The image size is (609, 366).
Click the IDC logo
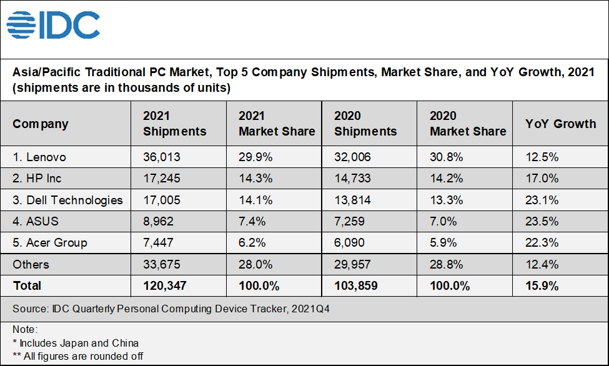coord(53,26)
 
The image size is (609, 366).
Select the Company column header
coord(41,124)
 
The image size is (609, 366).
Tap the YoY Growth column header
coord(560,124)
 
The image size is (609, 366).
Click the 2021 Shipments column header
coord(174,124)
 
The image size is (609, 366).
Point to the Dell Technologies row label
coord(67,200)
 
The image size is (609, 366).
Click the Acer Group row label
coord(50,243)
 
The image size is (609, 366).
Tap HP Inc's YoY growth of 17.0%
coord(542,179)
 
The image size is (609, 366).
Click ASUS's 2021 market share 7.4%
coord(252,222)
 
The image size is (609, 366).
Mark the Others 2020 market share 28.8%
coord(447,264)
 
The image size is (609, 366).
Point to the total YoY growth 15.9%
coord(542,285)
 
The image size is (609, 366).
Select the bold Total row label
coord(27,285)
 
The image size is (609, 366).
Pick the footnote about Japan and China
coord(76,342)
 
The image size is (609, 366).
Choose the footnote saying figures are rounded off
coord(78,356)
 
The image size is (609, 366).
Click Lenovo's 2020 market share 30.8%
coord(447,157)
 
